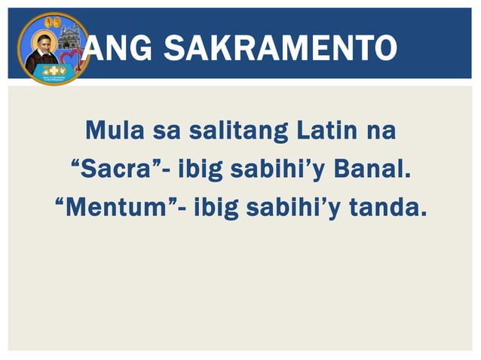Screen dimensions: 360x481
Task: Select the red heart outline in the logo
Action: (73, 59)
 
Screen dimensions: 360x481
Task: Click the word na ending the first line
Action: (380, 131)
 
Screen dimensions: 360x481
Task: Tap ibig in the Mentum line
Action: (220, 206)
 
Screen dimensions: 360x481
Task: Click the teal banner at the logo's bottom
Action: (52, 71)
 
